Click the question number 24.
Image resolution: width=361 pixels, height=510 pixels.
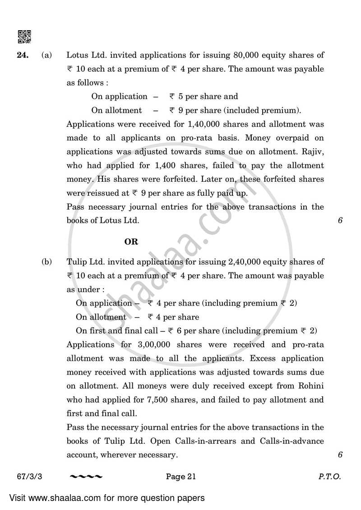click(x=23, y=55)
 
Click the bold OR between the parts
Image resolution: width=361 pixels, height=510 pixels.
click(x=131, y=242)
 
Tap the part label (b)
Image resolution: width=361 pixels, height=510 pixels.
click(x=46, y=262)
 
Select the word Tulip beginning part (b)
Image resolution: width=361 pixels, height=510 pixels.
click(x=76, y=262)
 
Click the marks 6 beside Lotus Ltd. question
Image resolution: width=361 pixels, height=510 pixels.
click(x=340, y=221)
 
